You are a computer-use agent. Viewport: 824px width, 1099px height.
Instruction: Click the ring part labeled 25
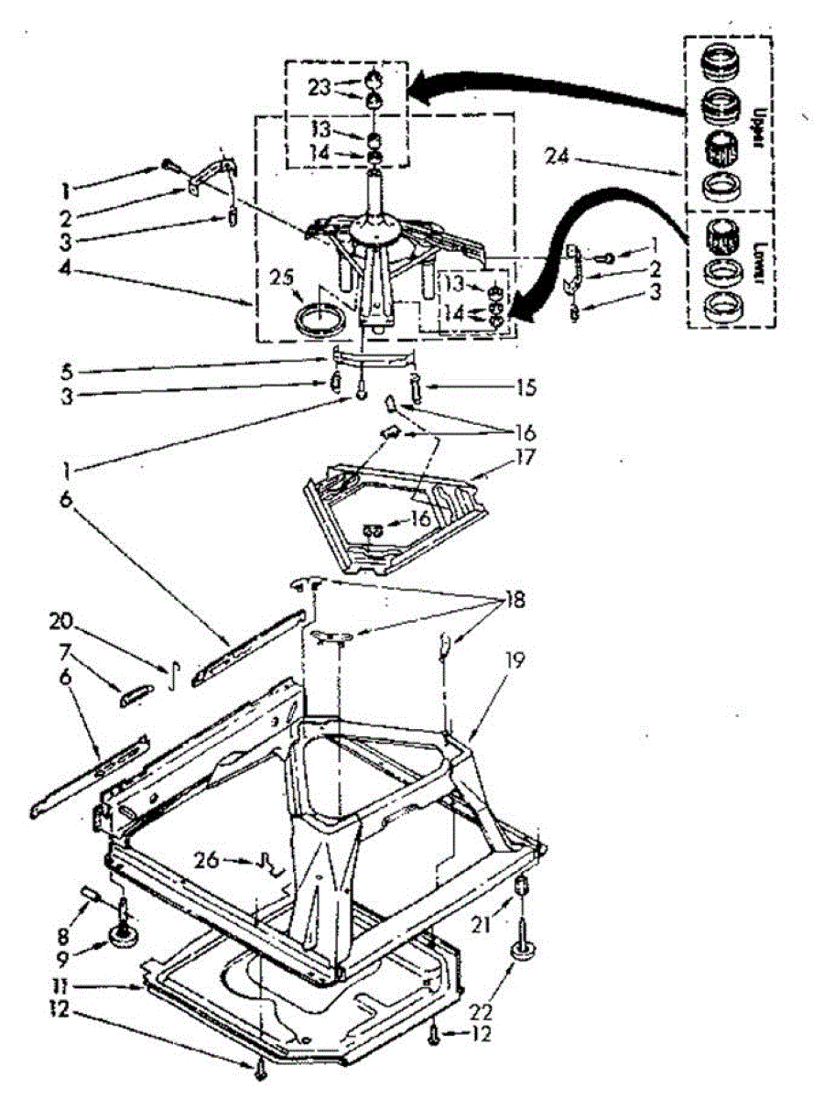322,320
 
